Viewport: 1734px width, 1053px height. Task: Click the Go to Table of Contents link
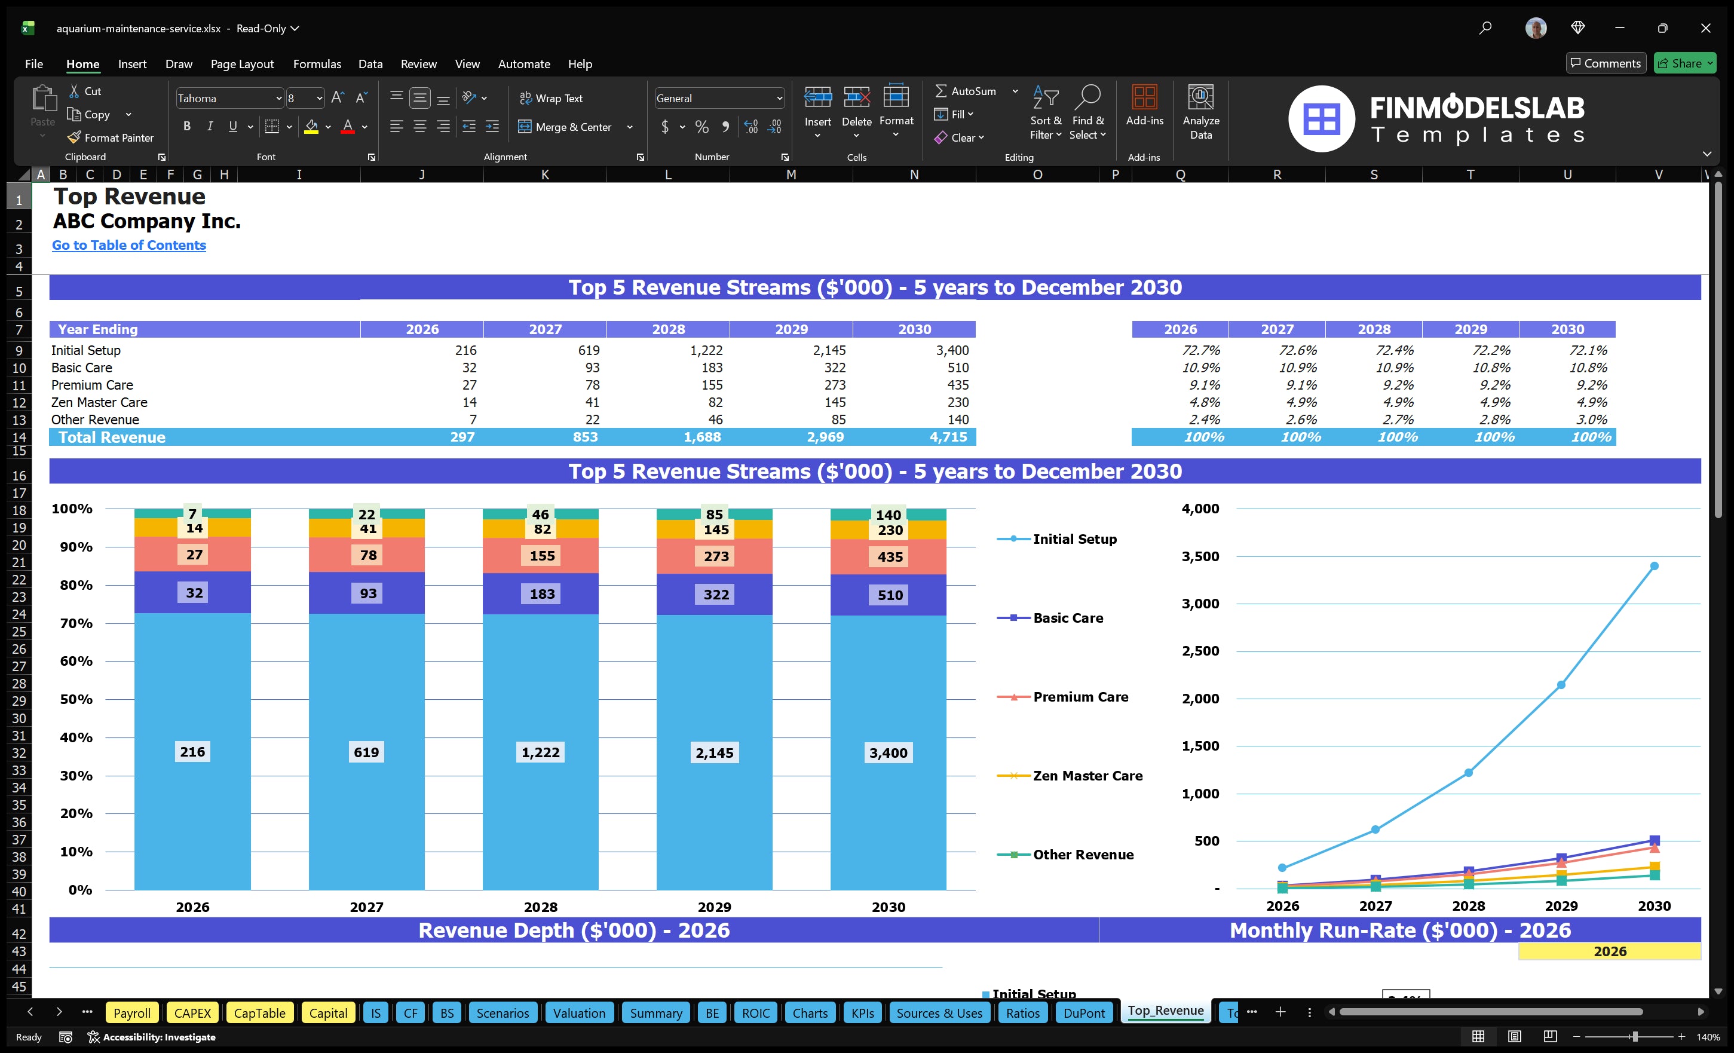pos(129,245)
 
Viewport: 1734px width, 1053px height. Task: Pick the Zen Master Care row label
pos(99,402)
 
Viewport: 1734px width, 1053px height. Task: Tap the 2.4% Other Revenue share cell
pos(1204,420)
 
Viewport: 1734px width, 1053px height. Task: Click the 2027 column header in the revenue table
pos(545,329)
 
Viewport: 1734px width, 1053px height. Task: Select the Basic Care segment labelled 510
pos(890,595)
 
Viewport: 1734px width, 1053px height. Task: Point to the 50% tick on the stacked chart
pos(76,699)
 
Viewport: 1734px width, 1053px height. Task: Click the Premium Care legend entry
pos(1080,697)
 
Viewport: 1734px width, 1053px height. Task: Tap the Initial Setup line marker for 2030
pos(1654,566)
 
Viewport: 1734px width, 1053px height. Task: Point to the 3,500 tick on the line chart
pos(1200,556)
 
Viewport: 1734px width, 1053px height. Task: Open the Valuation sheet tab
pos(578,1013)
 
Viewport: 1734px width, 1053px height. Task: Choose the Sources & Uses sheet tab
pos(939,1013)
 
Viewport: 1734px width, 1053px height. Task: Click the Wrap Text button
pos(551,98)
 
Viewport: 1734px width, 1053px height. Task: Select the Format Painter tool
pos(111,137)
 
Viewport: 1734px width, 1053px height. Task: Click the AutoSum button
pos(966,91)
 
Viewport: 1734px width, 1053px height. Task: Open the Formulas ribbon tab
pos(317,63)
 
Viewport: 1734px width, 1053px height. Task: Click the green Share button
pos(1683,63)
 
